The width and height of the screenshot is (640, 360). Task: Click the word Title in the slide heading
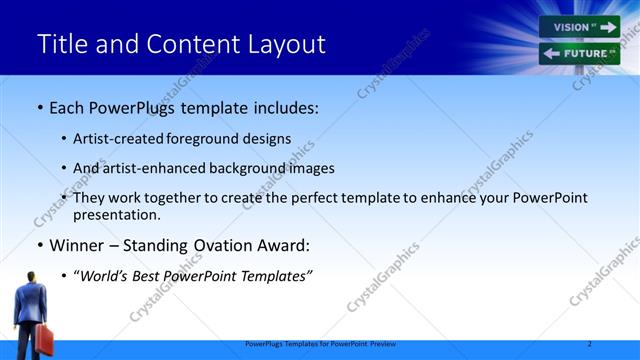coord(62,45)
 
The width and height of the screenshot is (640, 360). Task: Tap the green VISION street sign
coord(578,27)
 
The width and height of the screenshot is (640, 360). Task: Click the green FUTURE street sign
coord(579,53)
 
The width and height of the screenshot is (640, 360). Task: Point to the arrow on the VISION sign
coord(608,27)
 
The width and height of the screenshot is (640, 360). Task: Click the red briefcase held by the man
coord(44,339)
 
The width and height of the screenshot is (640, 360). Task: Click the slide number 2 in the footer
coord(590,344)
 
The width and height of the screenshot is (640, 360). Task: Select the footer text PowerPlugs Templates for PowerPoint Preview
coord(320,344)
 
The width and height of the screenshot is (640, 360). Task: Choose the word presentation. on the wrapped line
coord(117,214)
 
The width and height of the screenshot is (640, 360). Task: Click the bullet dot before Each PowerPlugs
coord(40,106)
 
